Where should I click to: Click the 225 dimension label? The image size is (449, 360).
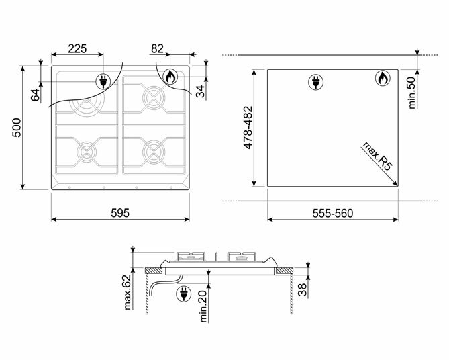[77, 49]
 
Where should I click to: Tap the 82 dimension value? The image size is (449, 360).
[157, 49]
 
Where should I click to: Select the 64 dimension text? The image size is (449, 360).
[35, 95]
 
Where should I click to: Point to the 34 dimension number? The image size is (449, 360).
[201, 91]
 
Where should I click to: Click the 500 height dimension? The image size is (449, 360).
[17, 128]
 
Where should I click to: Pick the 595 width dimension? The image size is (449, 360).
[120, 213]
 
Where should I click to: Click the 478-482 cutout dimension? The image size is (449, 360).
[248, 128]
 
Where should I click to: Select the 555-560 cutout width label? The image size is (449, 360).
[333, 214]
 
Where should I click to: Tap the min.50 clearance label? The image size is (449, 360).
[412, 93]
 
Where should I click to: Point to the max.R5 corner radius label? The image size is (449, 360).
[377, 156]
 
